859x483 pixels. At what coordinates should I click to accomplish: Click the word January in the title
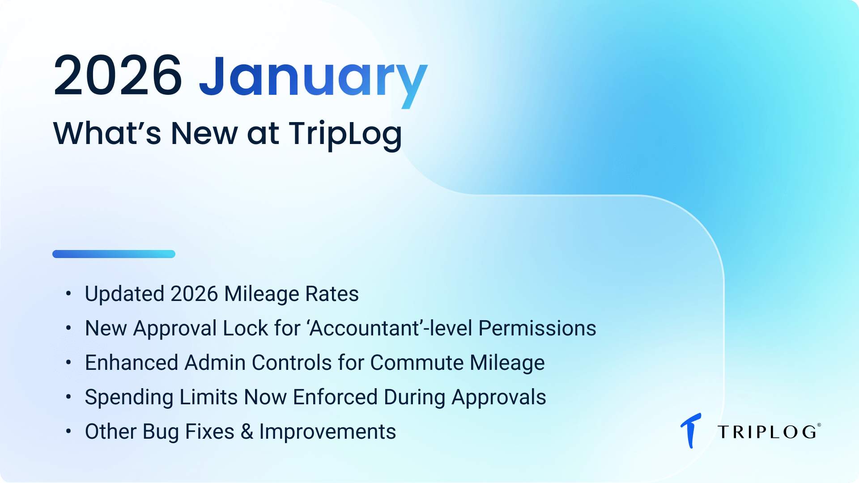(313, 76)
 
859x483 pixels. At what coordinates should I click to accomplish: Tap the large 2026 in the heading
(118, 75)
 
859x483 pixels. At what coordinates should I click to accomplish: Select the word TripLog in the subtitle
(345, 134)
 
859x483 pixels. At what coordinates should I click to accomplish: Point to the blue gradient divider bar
(114, 254)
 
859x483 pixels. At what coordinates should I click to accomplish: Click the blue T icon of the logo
(691, 430)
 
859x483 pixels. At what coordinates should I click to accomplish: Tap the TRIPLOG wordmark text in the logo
(767, 432)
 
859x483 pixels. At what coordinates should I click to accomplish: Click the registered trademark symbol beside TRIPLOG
(819, 425)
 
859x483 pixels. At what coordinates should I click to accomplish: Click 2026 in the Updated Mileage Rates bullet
(194, 294)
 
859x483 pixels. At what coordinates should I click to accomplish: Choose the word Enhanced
(132, 363)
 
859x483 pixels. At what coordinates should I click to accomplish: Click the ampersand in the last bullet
(247, 432)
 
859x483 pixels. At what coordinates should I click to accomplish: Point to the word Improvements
(327, 432)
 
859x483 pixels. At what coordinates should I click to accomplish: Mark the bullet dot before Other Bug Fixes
(68, 431)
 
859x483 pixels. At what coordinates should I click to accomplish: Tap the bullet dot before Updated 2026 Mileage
(68, 293)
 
